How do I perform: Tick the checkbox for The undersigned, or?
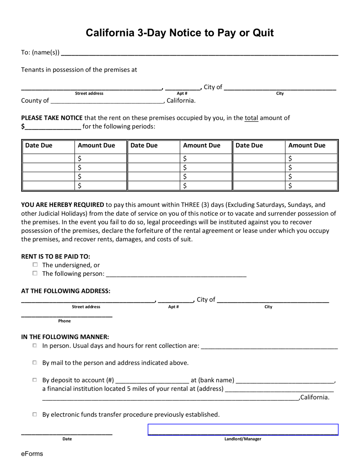click(x=35, y=265)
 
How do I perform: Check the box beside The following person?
click(x=35, y=273)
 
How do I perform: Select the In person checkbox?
click(x=35, y=345)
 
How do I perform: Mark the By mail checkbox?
click(x=35, y=363)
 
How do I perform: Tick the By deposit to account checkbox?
click(x=35, y=380)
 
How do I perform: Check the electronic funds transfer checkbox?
click(x=35, y=414)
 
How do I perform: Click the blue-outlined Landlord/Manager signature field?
click(x=243, y=430)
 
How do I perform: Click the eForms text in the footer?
click(x=32, y=454)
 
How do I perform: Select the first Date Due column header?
click(x=39, y=145)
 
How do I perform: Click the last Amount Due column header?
click(x=307, y=145)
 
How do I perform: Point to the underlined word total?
click(x=251, y=118)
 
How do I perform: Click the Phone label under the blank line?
click(x=64, y=321)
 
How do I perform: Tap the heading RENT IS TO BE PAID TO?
click(x=56, y=256)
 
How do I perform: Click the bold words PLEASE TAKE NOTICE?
click(x=52, y=118)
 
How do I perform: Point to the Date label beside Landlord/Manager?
click(x=67, y=439)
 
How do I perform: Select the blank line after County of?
click(x=107, y=101)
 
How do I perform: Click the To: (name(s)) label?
click(x=40, y=52)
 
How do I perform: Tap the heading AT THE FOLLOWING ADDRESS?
click(x=66, y=291)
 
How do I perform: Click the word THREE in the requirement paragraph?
click(x=190, y=205)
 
